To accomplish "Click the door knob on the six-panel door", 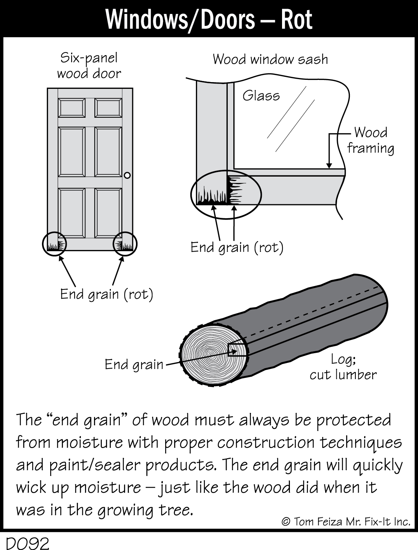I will pyautogui.click(x=127, y=175).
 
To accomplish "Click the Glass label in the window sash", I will pyautogui.click(x=261, y=96).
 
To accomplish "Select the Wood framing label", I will pyautogui.click(x=370, y=140).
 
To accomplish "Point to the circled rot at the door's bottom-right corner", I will pyautogui.click(x=125, y=244).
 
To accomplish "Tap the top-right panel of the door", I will pyautogui.click(x=108, y=108).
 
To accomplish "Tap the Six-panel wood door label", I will pyautogui.click(x=89, y=66).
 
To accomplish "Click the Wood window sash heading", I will pyautogui.click(x=270, y=60).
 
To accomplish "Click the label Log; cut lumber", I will pyautogui.click(x=343, y=367).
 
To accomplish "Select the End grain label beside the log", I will pyautogui.click(x=134, y=364).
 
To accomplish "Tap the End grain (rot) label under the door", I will pyautogui.click(x=107, y=294).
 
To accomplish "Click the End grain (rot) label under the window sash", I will pyautogui.click(x=237, y=247).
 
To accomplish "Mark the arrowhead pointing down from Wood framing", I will pyautogui.click(x=329, y=166).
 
